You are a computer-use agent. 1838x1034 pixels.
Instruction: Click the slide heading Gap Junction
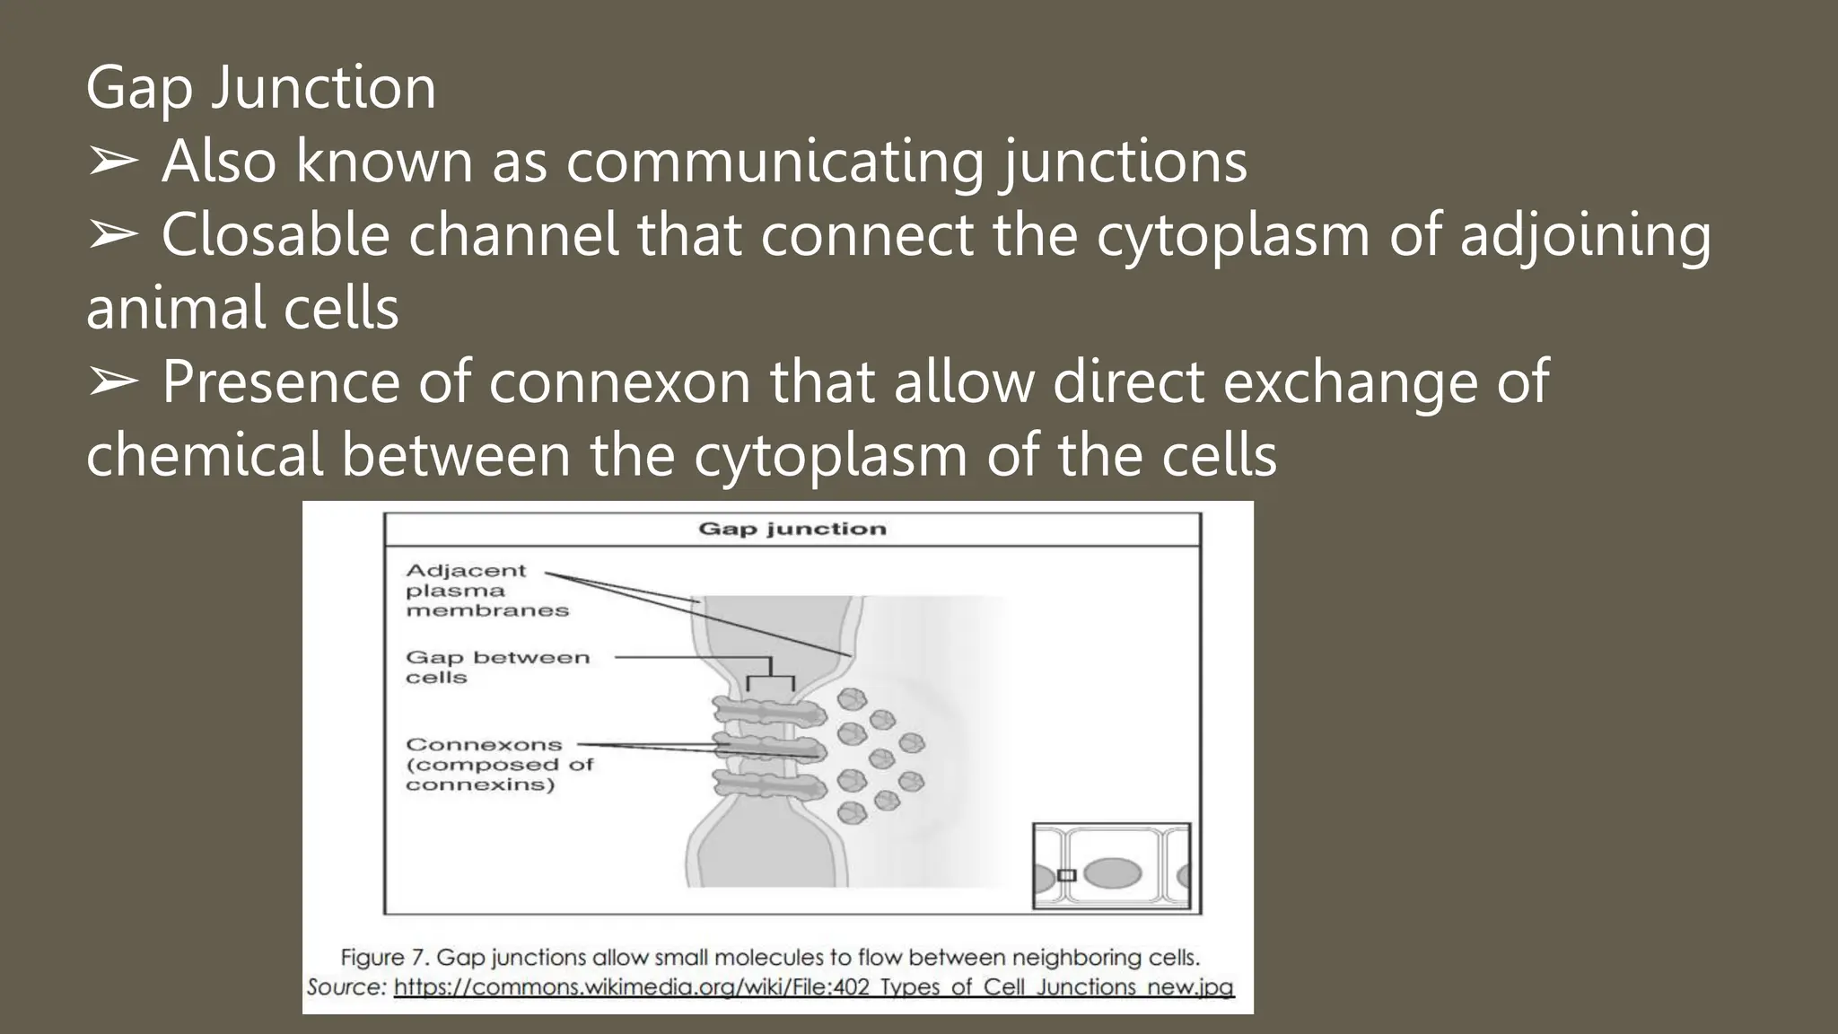[x=261, y=88]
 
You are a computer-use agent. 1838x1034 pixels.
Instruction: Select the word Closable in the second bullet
[x=275, y=235]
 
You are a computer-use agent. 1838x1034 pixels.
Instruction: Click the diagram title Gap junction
[x=792, y=529]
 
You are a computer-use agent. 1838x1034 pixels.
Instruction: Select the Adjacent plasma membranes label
[x=486, y=591]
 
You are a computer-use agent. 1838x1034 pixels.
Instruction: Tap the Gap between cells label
[x=496, y=667]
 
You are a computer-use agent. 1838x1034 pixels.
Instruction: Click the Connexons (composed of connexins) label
[x=499, y=765]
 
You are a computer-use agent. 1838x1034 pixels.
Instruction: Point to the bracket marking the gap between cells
[x=770, y=674]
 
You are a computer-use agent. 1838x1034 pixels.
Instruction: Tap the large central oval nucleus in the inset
[x=1113, y=872]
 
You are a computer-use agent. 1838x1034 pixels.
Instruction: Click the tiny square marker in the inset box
[x=1066, y=875]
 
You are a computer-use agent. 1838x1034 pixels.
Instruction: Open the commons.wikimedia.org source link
[x=813, y=987]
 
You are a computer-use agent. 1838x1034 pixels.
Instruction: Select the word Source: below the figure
[x=346, y=987]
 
